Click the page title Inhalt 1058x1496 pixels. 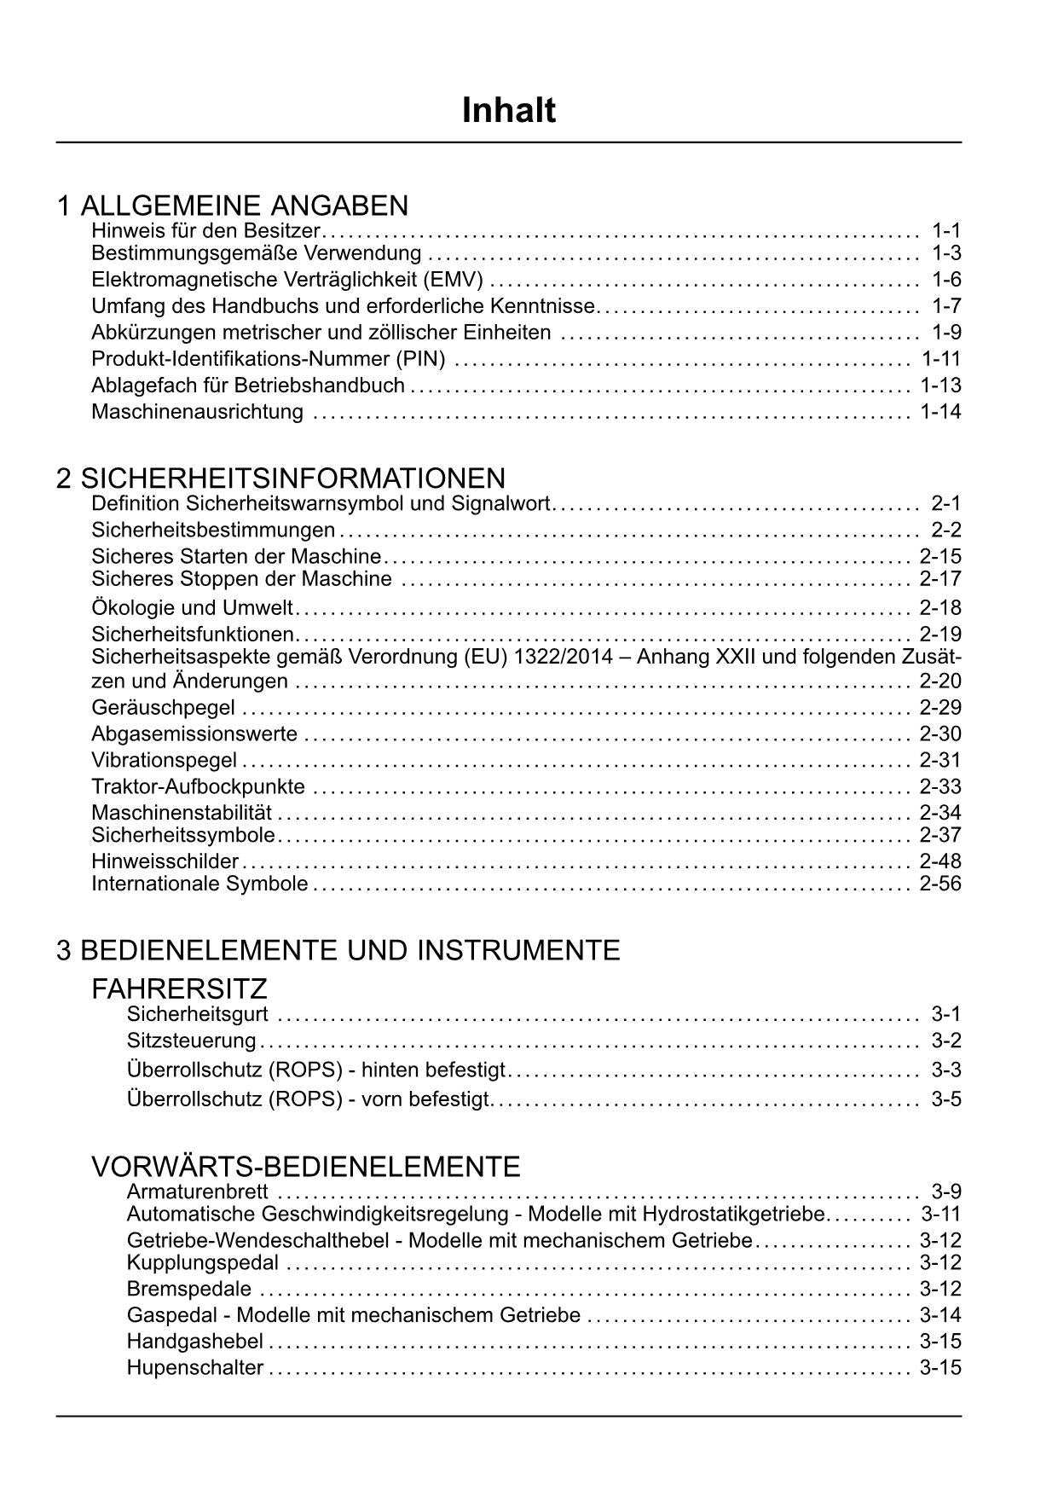point(508,111)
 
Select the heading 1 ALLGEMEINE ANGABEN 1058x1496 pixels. point(233,206)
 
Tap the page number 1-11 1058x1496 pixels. point(940,359)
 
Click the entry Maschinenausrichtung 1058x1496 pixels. point(197,412)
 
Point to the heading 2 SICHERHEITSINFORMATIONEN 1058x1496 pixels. point(280,478)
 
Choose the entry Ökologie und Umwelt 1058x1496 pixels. point(192,608)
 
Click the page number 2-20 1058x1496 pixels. point(940,681)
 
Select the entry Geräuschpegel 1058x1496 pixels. point(163,708)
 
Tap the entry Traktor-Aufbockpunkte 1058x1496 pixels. point(198,787)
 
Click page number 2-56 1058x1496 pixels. point(940,884)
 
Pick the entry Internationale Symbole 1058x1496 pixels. point(199,884)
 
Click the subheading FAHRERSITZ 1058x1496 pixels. point(179,989)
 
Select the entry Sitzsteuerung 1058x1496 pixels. point(191,1041)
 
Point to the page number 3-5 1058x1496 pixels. point(945,1099)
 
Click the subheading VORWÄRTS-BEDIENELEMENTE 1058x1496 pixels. point(305,1167)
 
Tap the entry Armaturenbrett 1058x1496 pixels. point(197,1192)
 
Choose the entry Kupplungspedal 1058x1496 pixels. point(203,1262)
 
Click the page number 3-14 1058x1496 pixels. point(940,1316)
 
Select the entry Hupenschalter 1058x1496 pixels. point(194,1368)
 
